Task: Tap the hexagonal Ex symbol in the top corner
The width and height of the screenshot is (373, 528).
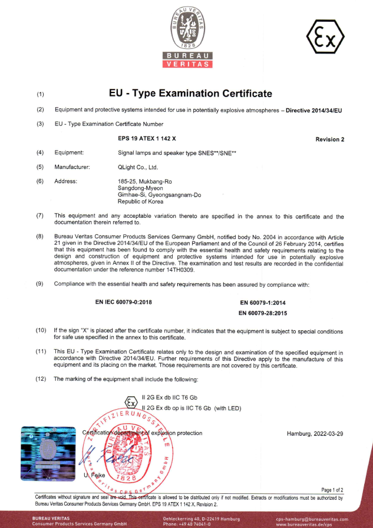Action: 325,39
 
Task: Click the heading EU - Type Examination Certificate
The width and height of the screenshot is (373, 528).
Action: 191,94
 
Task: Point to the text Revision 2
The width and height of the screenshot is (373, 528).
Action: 329,140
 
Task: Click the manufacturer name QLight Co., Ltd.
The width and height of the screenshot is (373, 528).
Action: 138,167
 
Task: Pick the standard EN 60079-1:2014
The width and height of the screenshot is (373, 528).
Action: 262,303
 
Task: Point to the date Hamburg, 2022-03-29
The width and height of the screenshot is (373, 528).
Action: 315,434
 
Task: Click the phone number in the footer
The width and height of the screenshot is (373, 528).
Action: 187,524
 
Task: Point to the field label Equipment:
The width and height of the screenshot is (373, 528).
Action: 69,152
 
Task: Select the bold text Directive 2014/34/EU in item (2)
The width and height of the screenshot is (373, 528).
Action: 314,110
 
